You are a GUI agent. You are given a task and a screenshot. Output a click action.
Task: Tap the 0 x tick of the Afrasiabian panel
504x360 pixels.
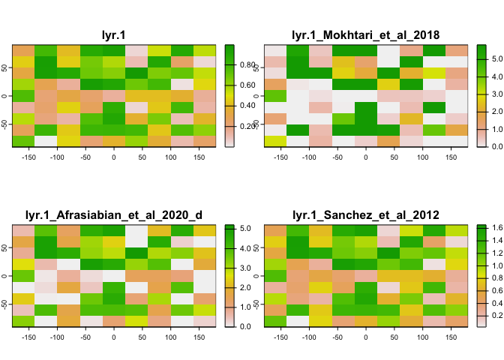click(113, 339)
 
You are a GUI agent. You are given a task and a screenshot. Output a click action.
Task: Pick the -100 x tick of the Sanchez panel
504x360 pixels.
click(308, 339)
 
